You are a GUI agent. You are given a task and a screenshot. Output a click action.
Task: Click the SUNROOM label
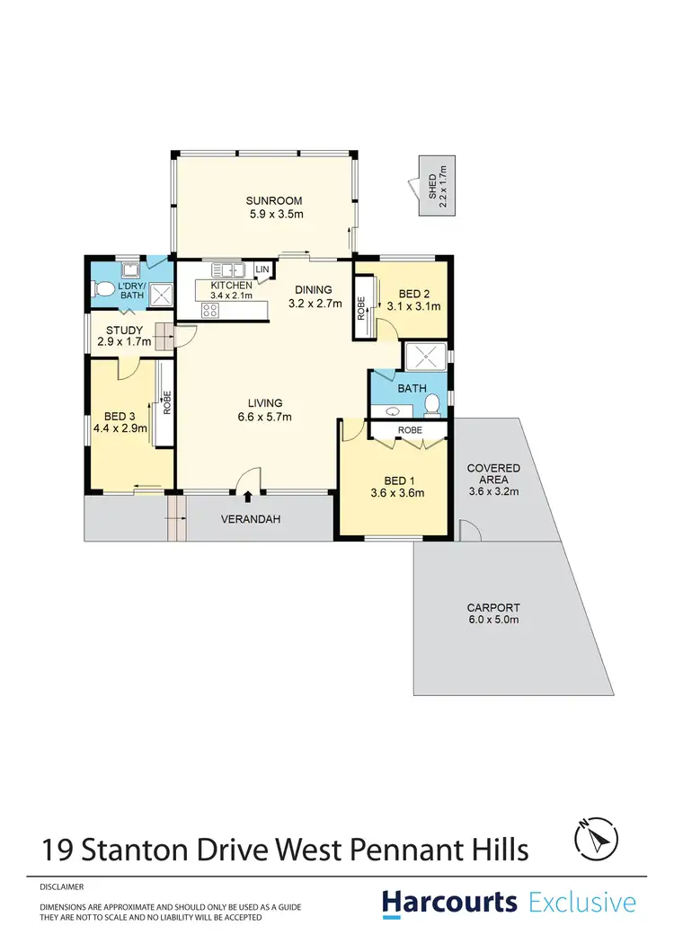(276, 200)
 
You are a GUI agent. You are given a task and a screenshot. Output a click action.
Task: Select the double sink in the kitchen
(229, 269)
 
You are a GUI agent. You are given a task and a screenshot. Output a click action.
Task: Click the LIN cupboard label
(262, 269)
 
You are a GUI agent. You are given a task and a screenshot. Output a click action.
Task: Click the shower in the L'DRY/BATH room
(161, 295)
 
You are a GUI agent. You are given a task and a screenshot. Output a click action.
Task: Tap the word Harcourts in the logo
(449, 903)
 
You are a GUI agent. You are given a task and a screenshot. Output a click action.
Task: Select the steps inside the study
(162, 336)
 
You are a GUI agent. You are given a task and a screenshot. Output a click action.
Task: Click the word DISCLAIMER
(61, 886)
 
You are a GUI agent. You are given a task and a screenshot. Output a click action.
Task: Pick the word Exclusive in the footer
(582, 903)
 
